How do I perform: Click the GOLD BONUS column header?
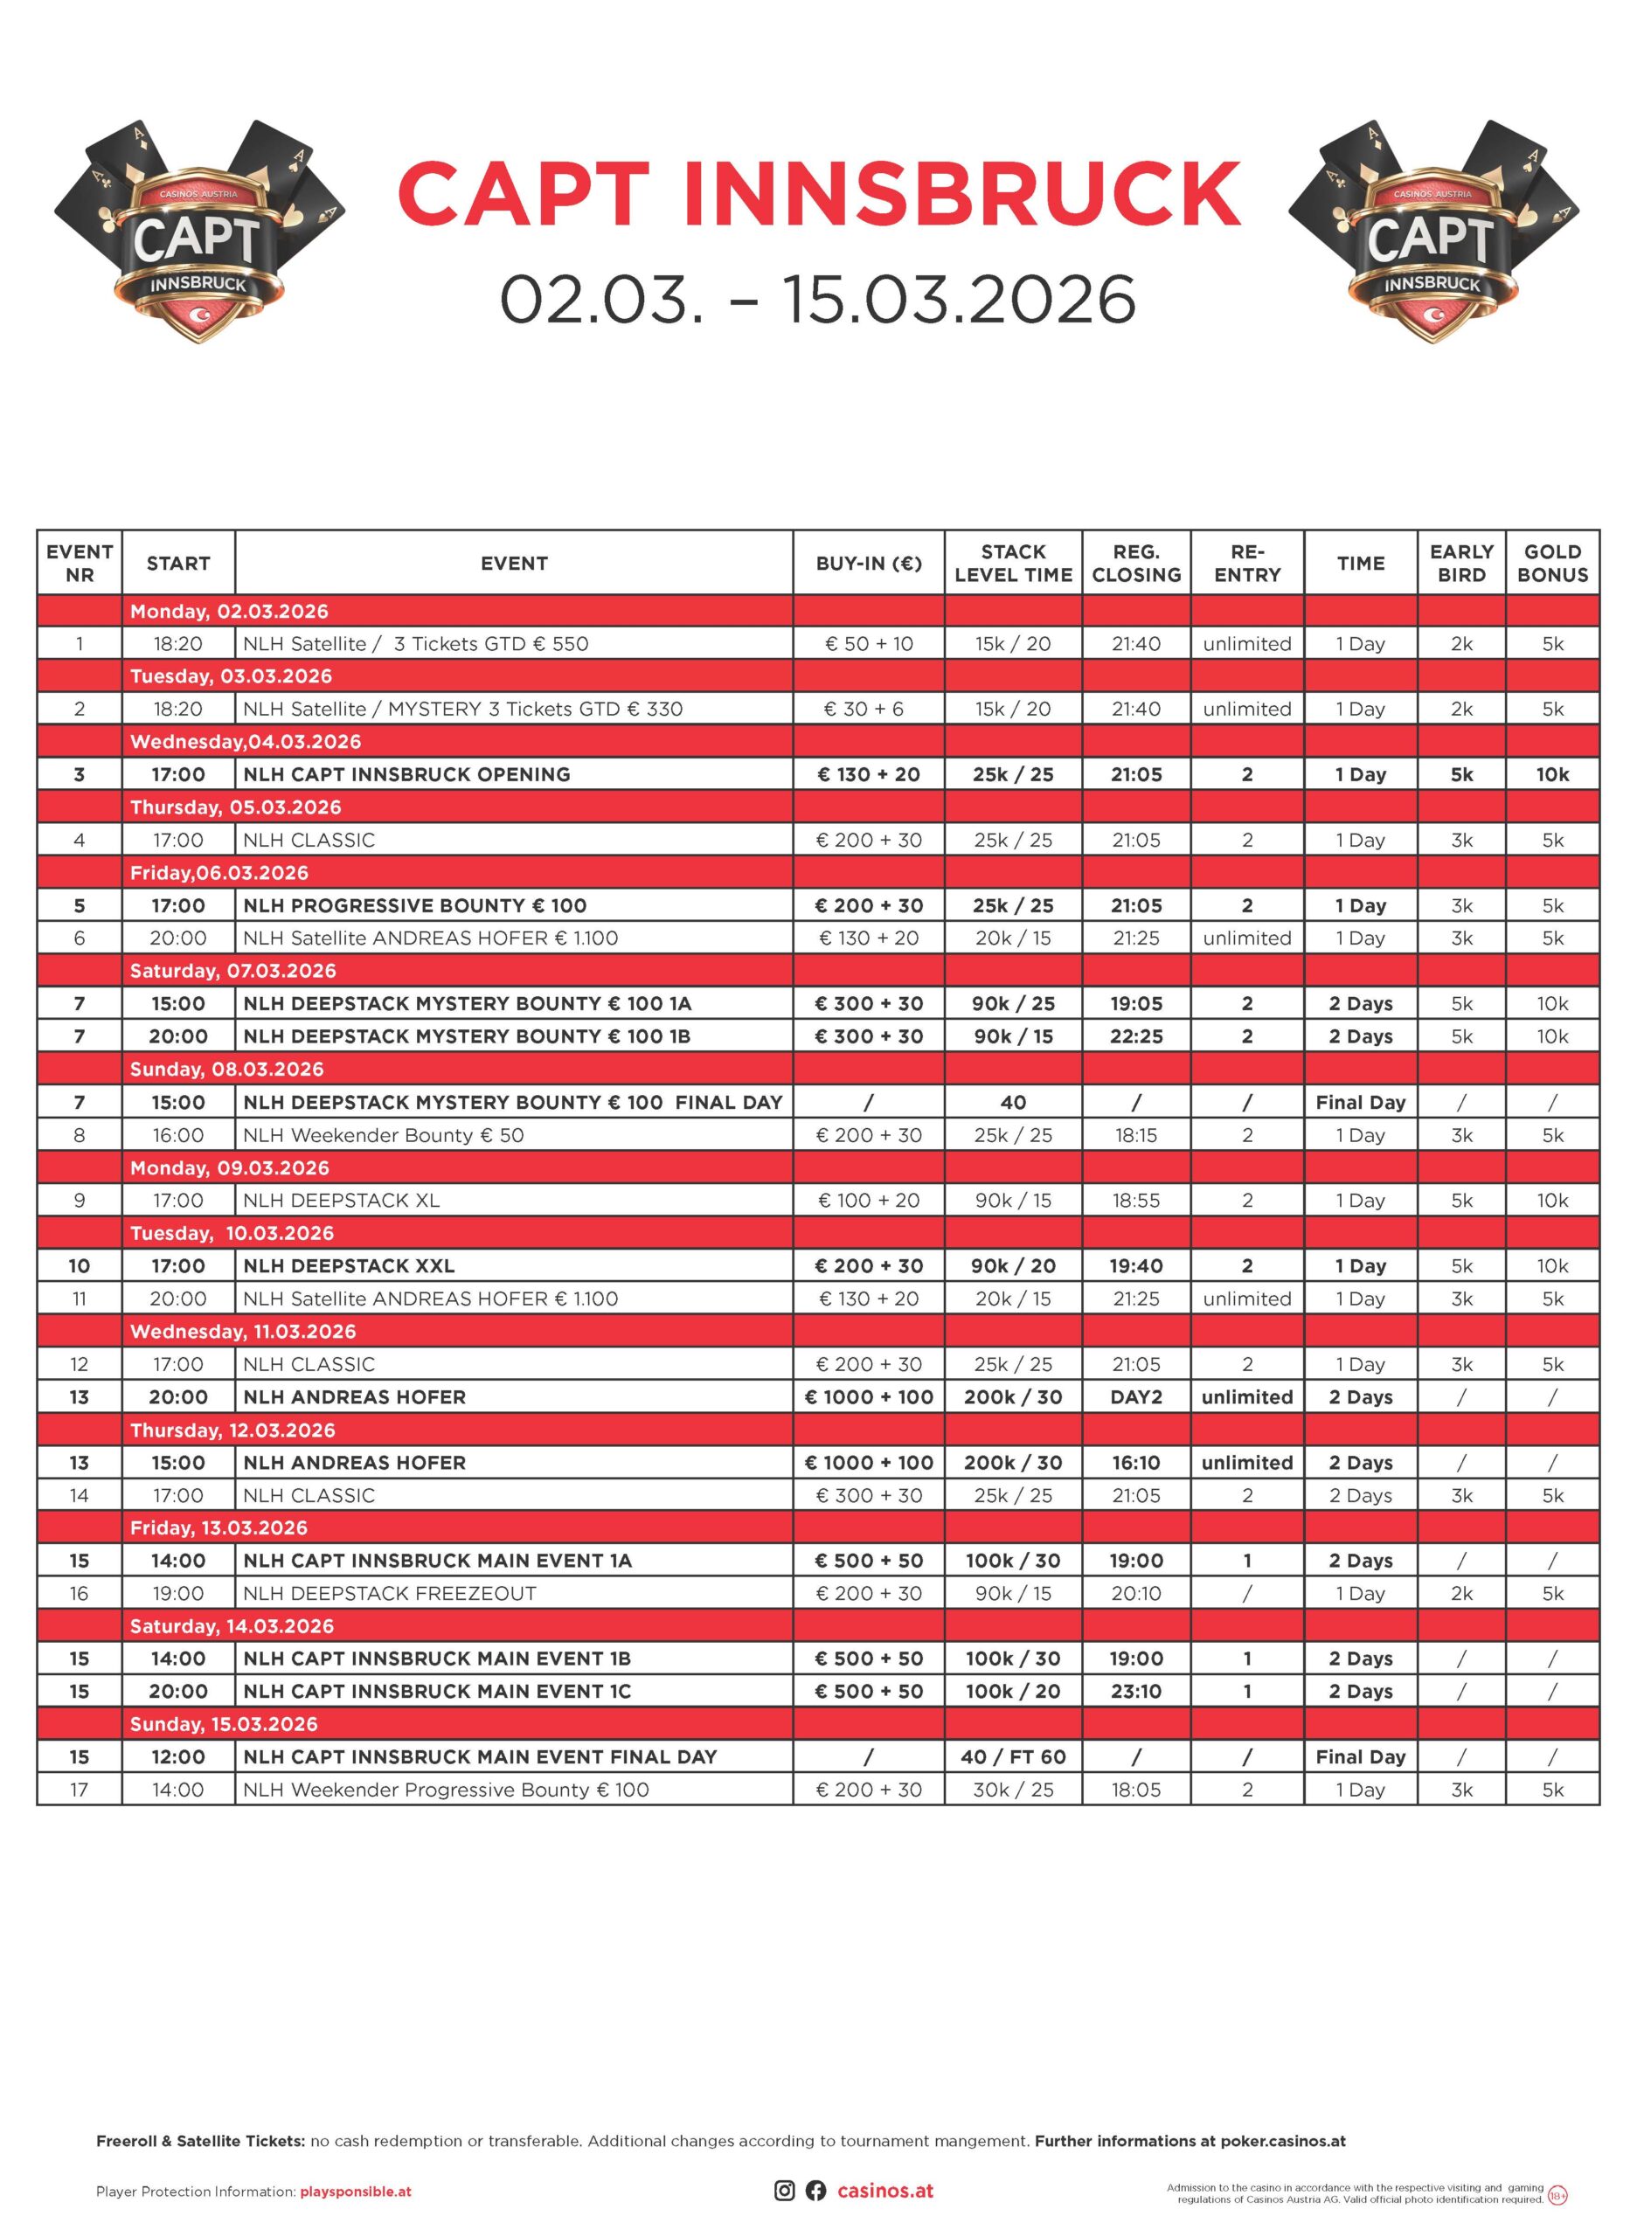click(1551, 563)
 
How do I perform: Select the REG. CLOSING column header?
click(1135, 563)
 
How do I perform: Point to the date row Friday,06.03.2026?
click(219, 873)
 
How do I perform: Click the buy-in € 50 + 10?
click(868, 644)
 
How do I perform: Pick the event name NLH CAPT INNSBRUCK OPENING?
click(406, 775)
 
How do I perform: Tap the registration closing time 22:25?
click(1135, 1036)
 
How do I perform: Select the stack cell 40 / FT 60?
click(1013, 1756)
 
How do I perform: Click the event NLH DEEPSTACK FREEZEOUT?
click(390, 1593)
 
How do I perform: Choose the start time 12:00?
click(178, 1756)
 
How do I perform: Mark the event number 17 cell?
click(80, 1790)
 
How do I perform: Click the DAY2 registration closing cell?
click(1135, 1397)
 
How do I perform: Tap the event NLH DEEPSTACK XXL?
click(349, 1266)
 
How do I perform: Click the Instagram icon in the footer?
click(784, 2191)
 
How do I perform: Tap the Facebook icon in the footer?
click(815, 2191)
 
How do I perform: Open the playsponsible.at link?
click(355, 2192)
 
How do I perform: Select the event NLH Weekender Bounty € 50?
click(384, 1135)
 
